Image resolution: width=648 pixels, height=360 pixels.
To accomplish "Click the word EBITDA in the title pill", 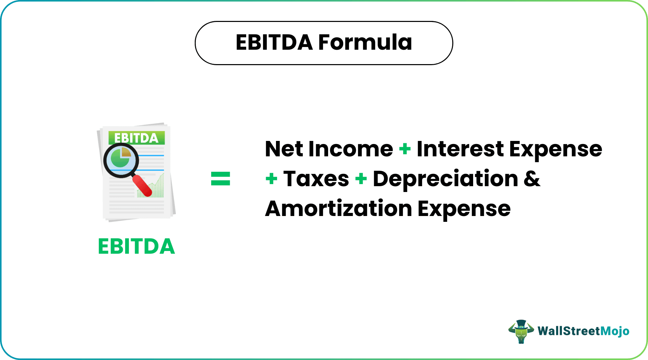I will [x=274, y=43].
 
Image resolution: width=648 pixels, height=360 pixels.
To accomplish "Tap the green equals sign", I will [x=220, y=179].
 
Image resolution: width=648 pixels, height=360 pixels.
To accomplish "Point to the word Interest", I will [x=460, y=149].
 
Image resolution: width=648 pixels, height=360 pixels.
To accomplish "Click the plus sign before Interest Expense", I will [x=405, y=149].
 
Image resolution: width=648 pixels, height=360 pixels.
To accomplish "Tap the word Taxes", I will [x=316, y=179].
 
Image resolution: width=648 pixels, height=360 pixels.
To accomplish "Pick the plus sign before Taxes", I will [x=271, y=179].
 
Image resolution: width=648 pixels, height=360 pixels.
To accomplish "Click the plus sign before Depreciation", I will [x=361, y=179].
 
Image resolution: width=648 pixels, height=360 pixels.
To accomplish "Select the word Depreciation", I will [x=445, y=179].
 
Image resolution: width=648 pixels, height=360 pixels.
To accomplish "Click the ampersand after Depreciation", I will [x=532, y=179].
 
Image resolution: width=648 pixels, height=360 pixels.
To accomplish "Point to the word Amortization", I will [x=338, y=209].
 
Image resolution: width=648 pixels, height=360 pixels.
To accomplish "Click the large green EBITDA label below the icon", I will [x=136, y=247].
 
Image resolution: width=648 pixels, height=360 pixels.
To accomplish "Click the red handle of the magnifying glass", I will [x=142, y=186].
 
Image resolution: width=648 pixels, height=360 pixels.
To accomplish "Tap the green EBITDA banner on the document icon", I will [x=136, y=138].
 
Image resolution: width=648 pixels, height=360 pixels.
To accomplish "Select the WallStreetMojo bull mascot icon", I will [x=521, y=331].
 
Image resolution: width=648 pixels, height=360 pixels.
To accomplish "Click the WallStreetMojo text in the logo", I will [x=583, y=331].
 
